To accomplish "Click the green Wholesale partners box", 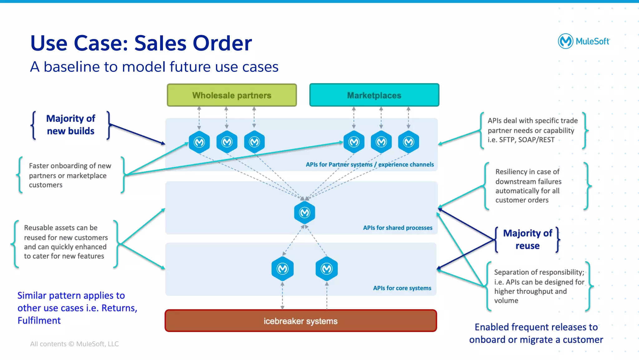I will [x=232, y=95].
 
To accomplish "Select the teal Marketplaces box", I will [x=374, y=95].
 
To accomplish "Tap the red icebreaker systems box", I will [x=300, y=321].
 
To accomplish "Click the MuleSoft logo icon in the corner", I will [x=565, y=41].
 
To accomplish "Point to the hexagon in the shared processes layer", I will [x=305, y=213].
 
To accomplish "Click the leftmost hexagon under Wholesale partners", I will [x=199, y=142].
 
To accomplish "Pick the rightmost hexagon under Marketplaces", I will [x=408, y=142].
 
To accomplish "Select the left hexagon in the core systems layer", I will [x=282, y=269].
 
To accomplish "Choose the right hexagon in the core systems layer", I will [x=327, y=269].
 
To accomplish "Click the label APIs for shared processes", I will [x=398, y=228].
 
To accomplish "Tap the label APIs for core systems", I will [x=402, y=288].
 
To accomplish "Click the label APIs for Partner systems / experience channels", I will [x=369, y=165].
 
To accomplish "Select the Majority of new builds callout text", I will [x=71, y=125].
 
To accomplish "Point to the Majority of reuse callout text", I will [x=527, y=239].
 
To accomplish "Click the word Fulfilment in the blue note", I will [x=39, y=321].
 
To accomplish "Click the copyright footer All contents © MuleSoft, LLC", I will [x=74, y=344].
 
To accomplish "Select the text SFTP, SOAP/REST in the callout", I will [x=527, y=140].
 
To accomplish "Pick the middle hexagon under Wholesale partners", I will [x=227, y=142].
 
